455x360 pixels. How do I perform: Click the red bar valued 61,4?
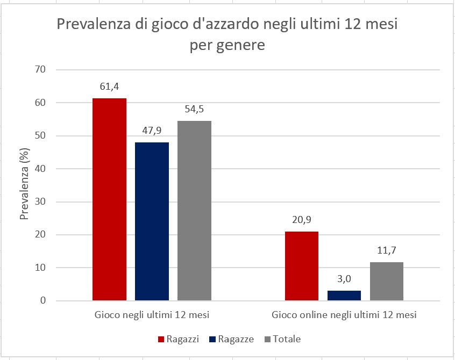point(109,199)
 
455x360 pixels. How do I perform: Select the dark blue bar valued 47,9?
point(152,221)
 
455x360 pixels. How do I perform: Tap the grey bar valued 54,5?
point(194,211)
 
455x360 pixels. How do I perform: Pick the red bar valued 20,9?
point(301,266)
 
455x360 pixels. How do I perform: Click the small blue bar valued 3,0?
point(344,296)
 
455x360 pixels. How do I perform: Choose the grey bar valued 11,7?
point(387,281)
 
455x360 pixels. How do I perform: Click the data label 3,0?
point(344,279)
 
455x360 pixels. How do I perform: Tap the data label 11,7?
point(387,251)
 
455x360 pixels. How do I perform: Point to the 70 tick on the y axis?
point(41,69)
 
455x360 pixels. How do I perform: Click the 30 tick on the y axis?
point(41,201)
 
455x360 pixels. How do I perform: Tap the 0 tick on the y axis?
point(44,301)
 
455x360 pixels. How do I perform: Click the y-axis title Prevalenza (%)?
point(24,185)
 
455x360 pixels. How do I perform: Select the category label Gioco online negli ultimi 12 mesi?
point(344,315)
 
